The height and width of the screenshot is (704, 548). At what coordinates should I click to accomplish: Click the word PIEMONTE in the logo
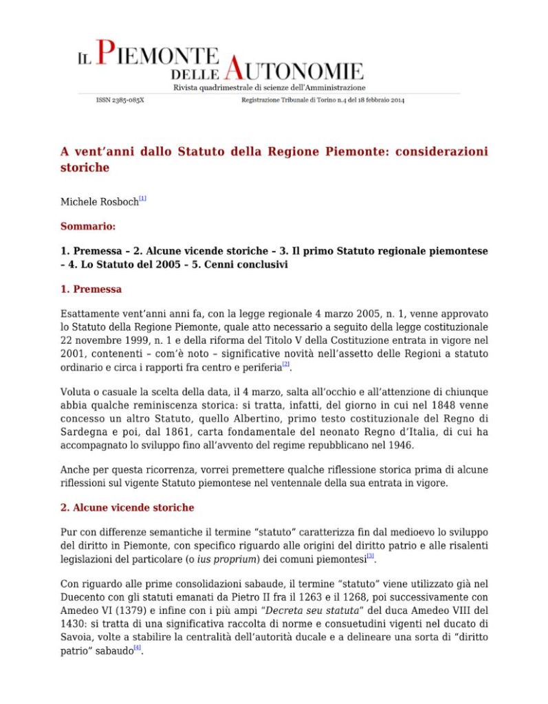tap(157, 54)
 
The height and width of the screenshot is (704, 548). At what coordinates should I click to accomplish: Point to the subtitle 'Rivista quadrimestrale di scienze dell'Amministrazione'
tap(269, 88)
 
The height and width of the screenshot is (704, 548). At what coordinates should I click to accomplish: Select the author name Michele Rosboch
tap(99, 203)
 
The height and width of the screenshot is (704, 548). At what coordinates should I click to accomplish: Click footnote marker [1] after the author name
tap(142, 199)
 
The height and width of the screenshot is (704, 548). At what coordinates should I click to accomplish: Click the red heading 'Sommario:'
tap(88, 225)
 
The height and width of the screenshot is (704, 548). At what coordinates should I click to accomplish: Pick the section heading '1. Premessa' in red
tap(91, 289)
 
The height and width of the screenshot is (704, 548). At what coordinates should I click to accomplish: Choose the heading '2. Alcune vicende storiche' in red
tap(127, 507)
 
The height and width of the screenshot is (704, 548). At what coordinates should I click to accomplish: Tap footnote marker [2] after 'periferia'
tap(286, 364)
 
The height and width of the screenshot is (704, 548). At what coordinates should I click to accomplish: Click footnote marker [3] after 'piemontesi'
tap(370, 555)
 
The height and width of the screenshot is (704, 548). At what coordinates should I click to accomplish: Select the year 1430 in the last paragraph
tap(74, 624)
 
